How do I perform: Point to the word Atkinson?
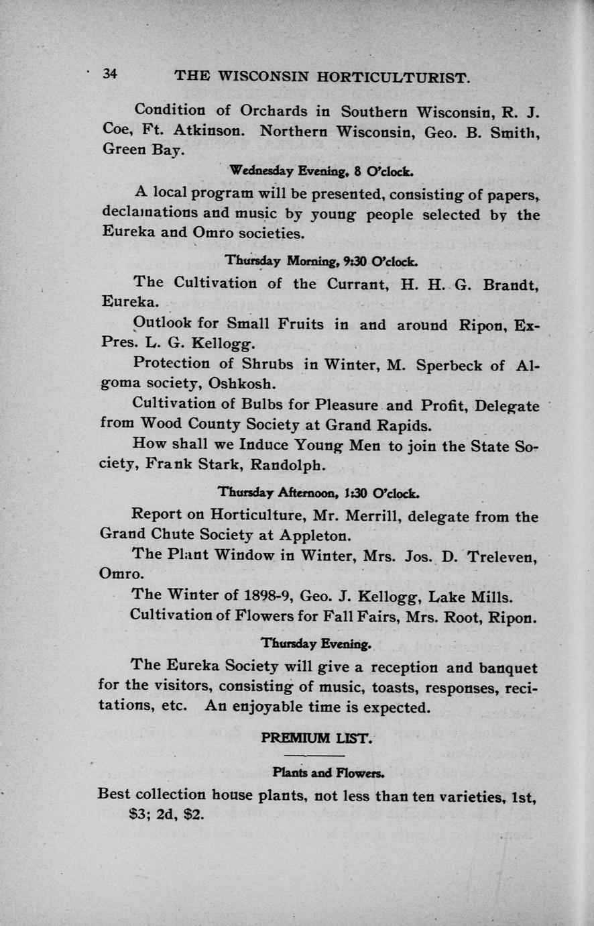coord(209,132)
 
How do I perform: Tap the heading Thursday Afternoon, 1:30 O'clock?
coord(318,493)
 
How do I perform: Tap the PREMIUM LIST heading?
coord(315,739)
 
